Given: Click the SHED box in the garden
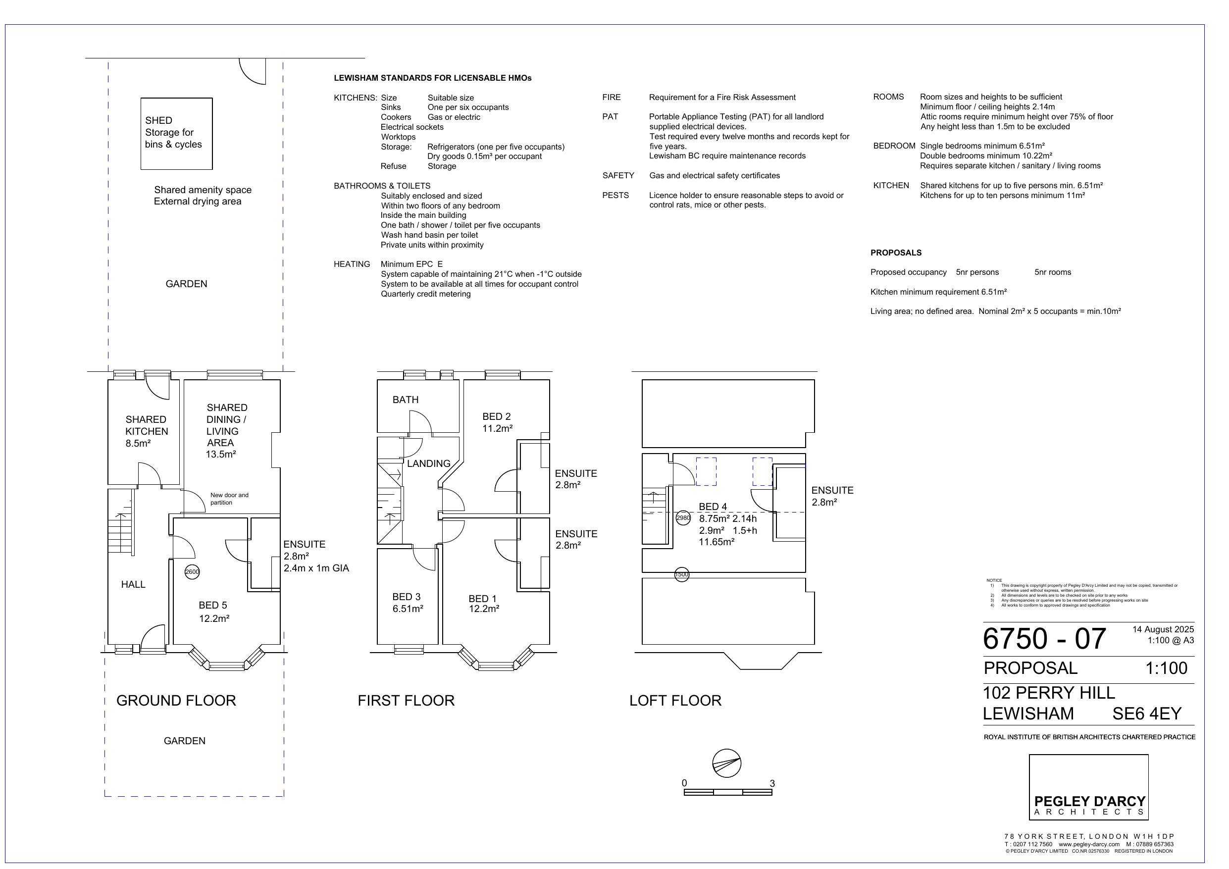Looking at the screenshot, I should click(x=176, y=133).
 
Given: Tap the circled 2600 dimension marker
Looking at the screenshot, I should click(x=192, y=572).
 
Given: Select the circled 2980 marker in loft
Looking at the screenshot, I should click(x=683, y=518).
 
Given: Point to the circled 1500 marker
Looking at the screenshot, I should click(x=681, y=574).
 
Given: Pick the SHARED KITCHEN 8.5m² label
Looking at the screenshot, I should click(x=146, y=431).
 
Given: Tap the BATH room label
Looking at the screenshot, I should click(x=405, y=400).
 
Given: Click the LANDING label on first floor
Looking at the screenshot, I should click(x=428, y=463).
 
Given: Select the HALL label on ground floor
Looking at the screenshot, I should click(x=133, y=584).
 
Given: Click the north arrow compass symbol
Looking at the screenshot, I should click(x=726, y=763).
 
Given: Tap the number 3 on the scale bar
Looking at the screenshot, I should click(x=772, y=783).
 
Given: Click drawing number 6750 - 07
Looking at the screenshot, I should click(x=1044, y=639).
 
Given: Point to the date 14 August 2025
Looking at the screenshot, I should click(x=1163, y=629).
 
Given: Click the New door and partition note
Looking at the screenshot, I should click(x=229, y=499).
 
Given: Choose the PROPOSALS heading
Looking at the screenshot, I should click(x=896, y=253).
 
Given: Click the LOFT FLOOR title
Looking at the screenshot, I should click(x=675, y=700).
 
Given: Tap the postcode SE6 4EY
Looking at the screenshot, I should click(x=1147, y=714).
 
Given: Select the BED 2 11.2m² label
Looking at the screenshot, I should click(x=497, y=422).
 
